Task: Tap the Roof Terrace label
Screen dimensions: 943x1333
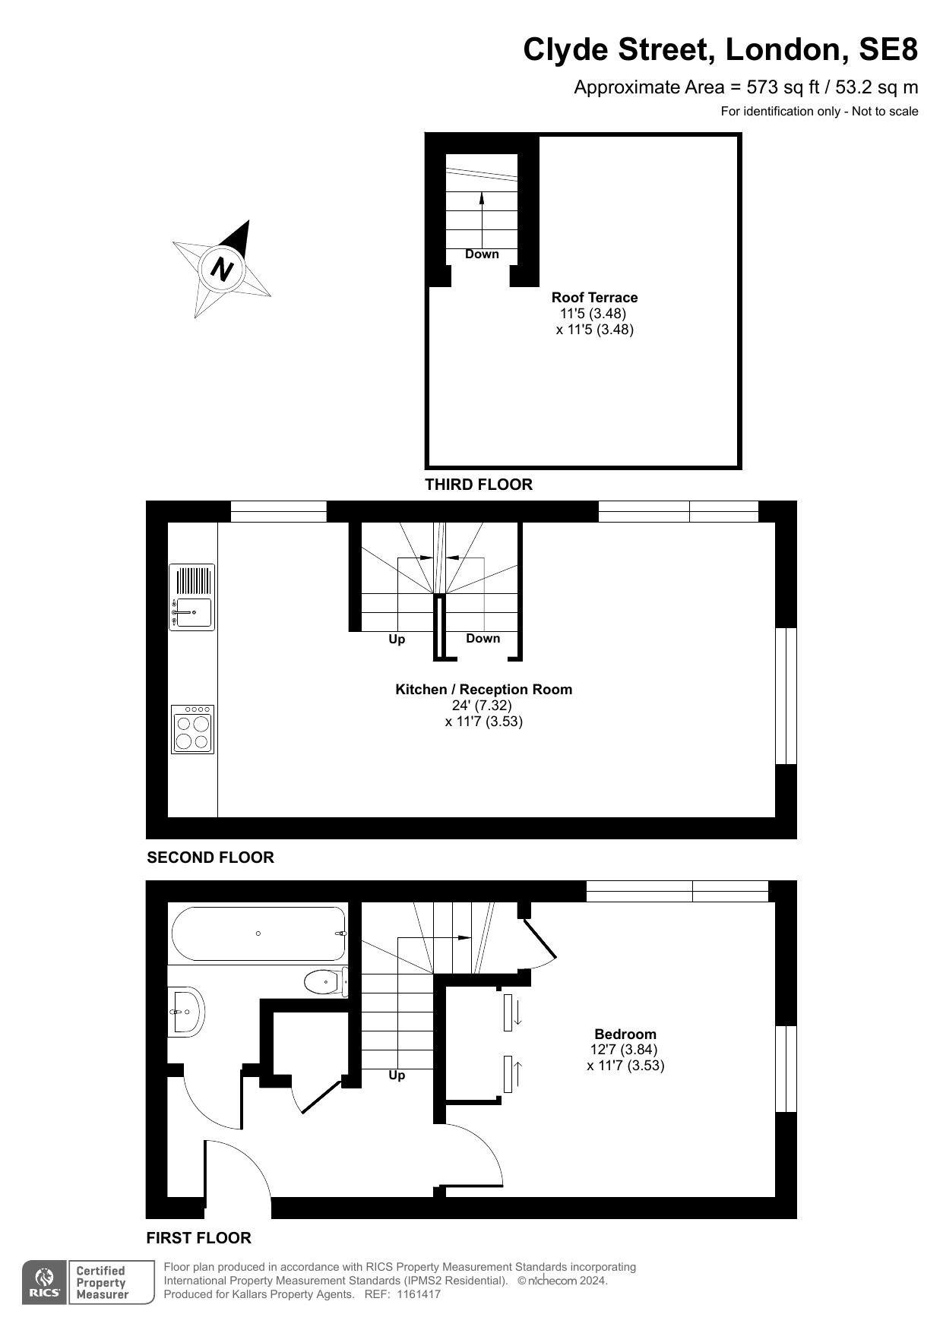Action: [x=594, y=298]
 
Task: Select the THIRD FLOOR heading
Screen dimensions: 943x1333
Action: [x=479, y=485]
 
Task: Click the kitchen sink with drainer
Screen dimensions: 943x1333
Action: [x=191, y=597]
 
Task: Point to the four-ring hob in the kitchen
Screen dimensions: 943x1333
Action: [x=192, y=729]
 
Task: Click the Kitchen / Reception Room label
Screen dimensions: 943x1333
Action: [x=483, y=690]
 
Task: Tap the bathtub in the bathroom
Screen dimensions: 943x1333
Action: [x=259, y=933]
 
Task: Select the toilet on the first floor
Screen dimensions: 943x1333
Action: [x=326, y=982]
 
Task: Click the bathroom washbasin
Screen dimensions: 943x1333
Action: [x=186, y=1012]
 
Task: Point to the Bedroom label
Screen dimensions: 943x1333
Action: [x=625, y=1034]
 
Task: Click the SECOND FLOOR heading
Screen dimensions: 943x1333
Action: [x=210, y=858]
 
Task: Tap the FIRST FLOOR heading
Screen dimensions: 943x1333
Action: [x=198, y=1238]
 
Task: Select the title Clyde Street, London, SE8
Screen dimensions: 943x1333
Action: [x=720, y=50]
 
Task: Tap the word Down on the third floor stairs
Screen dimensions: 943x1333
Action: [x=482, y=254]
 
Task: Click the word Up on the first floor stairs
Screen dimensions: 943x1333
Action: [x=397, y=1076]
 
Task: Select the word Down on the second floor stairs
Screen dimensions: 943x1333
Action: [x=483, y=639]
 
